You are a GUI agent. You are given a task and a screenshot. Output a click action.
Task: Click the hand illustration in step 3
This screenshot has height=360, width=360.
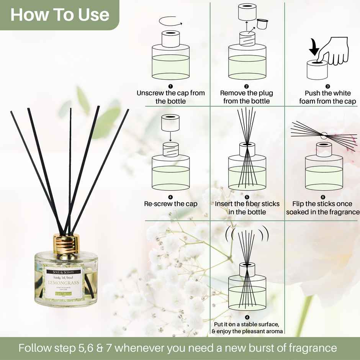pyautogui.click(x=333, y=51)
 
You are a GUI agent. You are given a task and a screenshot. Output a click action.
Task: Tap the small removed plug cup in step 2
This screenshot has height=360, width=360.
pyautogui.click(x=262, y=24)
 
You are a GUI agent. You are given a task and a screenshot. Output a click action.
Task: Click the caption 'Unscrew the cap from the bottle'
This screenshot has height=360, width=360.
pyautogui.click(x=171, y=97)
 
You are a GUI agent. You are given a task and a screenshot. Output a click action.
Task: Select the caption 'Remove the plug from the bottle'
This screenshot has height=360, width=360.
pyautogui.click(x=247, y=97)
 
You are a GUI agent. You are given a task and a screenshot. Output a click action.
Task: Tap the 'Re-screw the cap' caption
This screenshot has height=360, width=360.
pyautogui.click(x=171, y=204)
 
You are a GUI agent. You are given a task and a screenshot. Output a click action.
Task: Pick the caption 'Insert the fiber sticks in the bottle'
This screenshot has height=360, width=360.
pyautogui.click(x=247, y=208)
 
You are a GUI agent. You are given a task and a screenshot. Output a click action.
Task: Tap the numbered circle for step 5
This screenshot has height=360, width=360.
pyautogui.click(x=247, y=197)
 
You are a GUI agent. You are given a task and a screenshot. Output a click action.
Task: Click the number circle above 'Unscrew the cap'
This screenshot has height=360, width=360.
pyautogui.click(x=171, y=86)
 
